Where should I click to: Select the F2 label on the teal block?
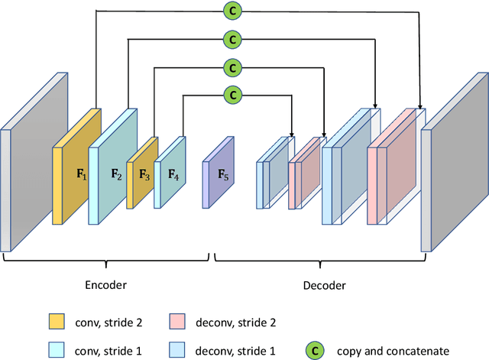(116, 174)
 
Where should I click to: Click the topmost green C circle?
(232, 11)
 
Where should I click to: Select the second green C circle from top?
(232, 39)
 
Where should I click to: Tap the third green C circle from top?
(232, 67)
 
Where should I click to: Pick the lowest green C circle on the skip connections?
(232, 96)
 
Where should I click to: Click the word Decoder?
(324, 285)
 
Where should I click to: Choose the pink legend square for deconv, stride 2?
(177, 319)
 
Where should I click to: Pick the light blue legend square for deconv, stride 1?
(177, 351)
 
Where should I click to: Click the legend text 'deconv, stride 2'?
(235, 319)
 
